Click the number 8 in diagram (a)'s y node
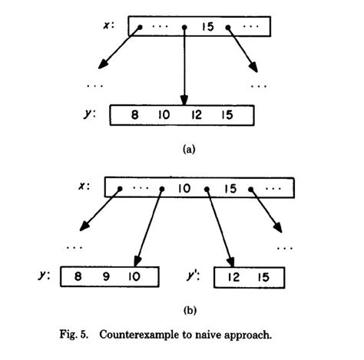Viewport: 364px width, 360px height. (x=135, y=116)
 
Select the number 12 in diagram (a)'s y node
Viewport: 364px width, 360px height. (x=193, y=116)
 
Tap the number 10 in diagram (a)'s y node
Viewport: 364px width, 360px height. (x=164, y=116)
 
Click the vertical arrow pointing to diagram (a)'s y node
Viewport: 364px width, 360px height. (x=184, y=69)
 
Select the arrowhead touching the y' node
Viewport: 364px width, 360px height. (x=230, y=259)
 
